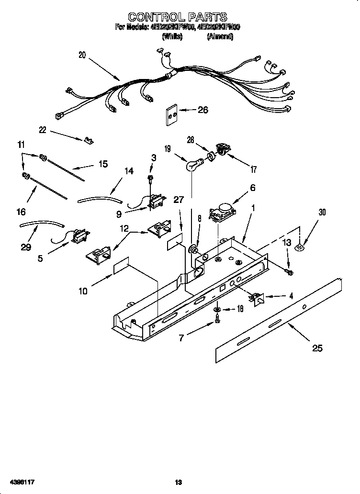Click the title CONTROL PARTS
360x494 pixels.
[178, 18]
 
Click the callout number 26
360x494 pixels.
[203, 110]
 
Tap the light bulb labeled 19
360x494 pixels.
[193, 166]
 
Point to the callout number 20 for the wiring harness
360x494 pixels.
[82, 55]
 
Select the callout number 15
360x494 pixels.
[103, 164]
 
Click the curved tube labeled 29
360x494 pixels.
[41, 224]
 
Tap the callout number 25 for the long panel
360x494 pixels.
[317, 348]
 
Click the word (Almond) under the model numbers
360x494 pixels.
[220, 36]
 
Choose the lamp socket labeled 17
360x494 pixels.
[222, 149]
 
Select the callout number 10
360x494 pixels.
[83, 291]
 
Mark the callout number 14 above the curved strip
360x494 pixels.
[129, 171]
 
